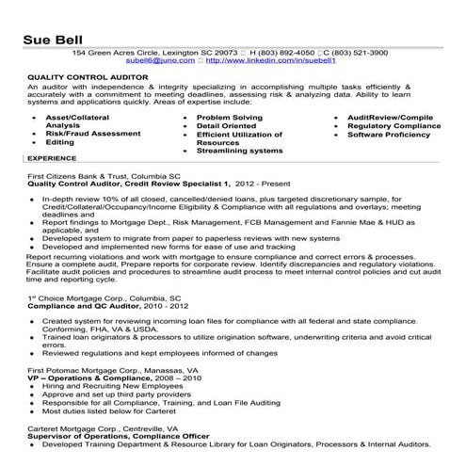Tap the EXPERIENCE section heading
coord(52,159)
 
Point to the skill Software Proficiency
coord(389,134)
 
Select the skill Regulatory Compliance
coord(394,125)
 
